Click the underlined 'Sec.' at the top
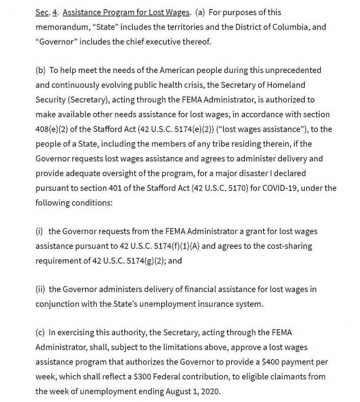[43, 12]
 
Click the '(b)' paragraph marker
[40, 70]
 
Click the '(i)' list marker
[39, 231]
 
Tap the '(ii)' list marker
[40, 289]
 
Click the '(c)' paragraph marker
[40, 332]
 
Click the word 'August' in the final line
[182, 391]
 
